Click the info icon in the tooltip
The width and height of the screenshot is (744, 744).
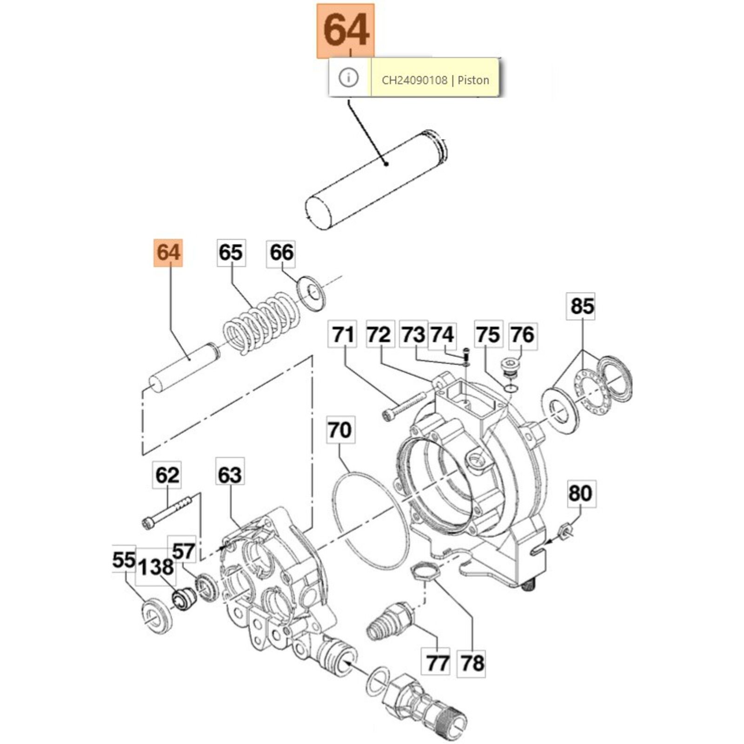point(349,77)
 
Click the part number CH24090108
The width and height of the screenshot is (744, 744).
point(414,80)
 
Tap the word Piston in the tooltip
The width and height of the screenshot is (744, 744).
point(473,80)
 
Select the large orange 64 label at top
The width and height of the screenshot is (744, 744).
point(345,31)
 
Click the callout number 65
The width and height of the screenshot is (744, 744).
point(231,253)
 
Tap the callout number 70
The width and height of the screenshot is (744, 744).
point(339,430)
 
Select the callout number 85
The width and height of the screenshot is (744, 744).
point(582,306)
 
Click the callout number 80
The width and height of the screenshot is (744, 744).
point(580,493)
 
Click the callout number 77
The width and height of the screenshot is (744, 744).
point(437,663)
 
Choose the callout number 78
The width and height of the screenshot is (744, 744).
point(472,663)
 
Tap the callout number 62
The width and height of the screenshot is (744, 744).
point(167,475)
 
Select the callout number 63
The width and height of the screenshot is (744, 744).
point(230,475)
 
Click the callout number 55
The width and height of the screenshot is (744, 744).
point(124,560)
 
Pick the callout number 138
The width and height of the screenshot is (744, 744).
point(156,567)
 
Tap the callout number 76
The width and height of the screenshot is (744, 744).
point(523,335)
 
